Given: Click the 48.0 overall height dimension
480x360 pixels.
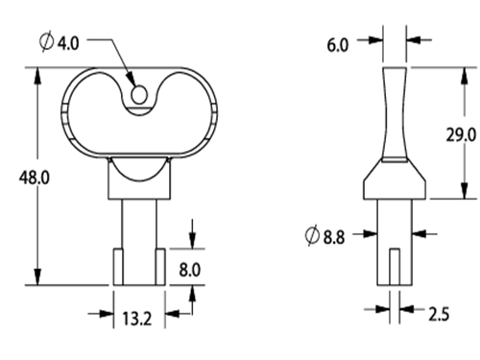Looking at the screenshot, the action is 35,178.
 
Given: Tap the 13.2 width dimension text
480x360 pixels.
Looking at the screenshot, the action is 137,319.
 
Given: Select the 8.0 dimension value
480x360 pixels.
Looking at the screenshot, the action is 190,270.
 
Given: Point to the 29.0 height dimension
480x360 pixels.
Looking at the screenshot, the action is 461,134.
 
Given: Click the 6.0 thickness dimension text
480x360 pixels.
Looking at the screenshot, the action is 338,45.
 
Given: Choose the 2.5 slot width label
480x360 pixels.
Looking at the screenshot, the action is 439,314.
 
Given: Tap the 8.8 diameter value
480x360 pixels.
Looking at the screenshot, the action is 334,237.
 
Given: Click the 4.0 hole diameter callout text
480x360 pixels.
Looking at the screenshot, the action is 68,43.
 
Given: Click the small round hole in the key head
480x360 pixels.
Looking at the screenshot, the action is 139,94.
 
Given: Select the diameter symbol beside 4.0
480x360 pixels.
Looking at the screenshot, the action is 47,41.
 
